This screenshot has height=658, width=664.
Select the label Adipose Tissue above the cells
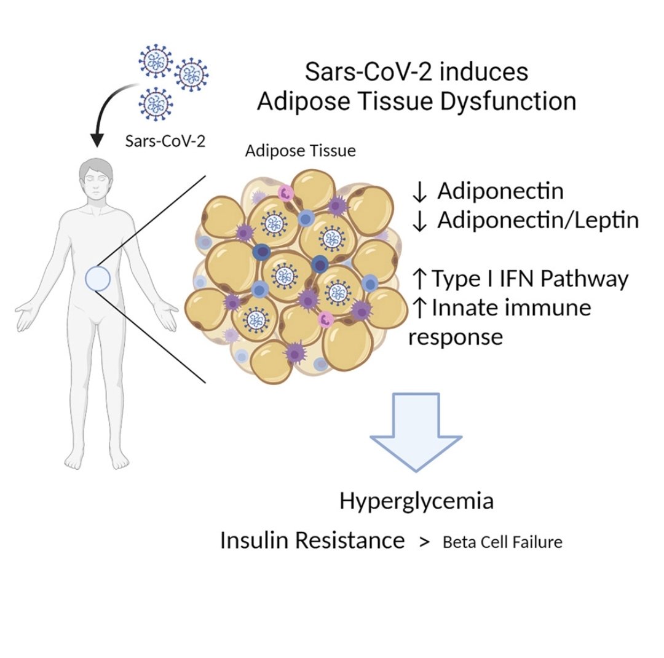click(x=300, y=151)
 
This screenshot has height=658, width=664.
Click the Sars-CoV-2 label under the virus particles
click(x=165, y=141)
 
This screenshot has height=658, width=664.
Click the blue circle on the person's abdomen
click(x=98, y=279)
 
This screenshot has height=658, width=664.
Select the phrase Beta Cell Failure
click(x=503, y=542)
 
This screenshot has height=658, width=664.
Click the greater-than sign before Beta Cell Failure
click(x=424, y=542)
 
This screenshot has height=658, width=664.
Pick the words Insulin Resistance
click(x=312, y=540)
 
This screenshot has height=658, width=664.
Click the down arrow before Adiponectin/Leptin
click(x=419, y=221)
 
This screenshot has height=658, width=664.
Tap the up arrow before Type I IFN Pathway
click(x=419, y=279)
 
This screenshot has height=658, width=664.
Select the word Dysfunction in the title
click(x=508, y=102)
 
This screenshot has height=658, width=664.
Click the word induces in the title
click(x=484, y=71)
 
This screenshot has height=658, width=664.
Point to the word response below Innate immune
click(x=456, y=338)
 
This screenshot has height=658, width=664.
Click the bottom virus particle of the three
click(x=156, y=104)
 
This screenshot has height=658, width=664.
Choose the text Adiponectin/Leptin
click(x=538, y=220)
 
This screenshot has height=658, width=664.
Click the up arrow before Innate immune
click(x=419, y=308)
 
